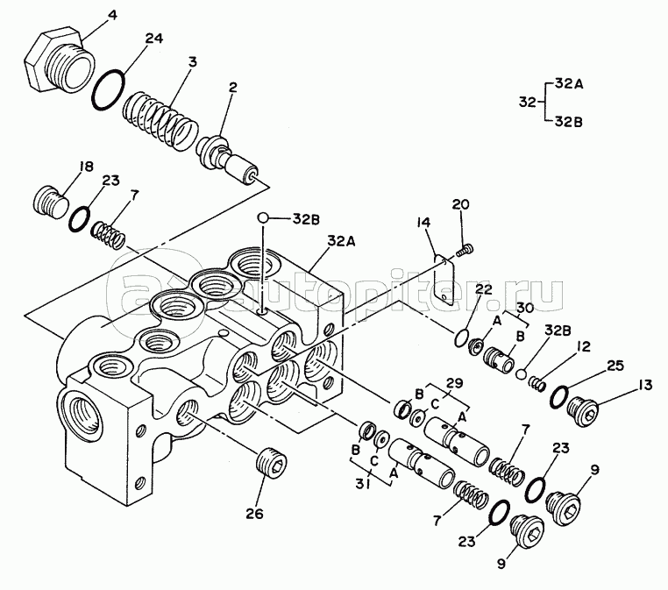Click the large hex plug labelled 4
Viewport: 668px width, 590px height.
point(59,60)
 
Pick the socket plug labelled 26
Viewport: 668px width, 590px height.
point(273,466)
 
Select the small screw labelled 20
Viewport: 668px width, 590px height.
point(465,250)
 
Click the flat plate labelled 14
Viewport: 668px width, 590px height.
point(444,281)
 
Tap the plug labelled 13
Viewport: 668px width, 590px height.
point(583,409)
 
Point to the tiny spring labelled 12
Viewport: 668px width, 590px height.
point(537,382)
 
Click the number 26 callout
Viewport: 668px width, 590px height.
point(254,514)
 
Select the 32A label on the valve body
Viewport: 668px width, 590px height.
point(342,241)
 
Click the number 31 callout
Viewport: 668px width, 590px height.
point(362,484)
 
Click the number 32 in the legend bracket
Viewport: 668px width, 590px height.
point(527,103)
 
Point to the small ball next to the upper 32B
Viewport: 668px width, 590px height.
point(262,217)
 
